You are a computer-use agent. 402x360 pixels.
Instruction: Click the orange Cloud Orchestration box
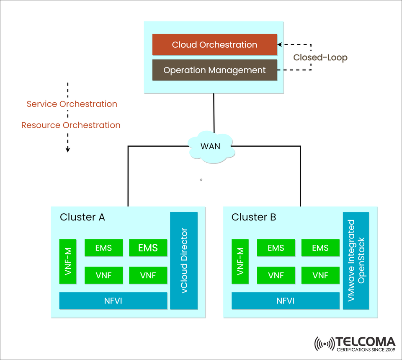pos(214,45)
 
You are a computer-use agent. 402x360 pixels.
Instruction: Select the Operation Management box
pos(214,70)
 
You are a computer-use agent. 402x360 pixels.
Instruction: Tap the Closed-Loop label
pos(320,57)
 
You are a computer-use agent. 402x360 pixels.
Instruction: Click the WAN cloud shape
pos(210,147)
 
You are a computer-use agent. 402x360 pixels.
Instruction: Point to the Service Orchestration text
pos(72,104)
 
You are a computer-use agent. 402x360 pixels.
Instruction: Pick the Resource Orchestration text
pos(71,125)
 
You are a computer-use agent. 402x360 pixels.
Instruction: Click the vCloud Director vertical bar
pos(183,261)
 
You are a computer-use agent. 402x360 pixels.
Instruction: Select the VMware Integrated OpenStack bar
pos(356,261)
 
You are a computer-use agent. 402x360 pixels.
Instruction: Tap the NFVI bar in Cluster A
pos(113,300)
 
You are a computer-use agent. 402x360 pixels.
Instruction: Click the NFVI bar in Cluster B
pos(285,300)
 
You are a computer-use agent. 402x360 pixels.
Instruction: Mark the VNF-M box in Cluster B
pos(240,261)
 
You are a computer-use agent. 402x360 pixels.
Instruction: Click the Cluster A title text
pos(82,217)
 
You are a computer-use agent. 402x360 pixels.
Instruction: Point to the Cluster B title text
pos(254,217)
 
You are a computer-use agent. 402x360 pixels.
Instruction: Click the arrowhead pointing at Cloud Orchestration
pos(280,44)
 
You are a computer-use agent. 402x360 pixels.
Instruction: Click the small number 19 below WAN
pos(201,180)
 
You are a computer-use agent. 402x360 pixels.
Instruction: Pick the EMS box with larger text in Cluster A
pos(148,248)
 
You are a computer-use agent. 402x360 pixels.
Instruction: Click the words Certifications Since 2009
pos(366,349)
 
